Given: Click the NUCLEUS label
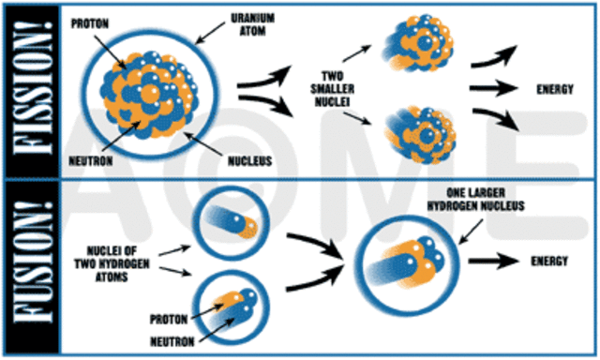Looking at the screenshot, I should [x=248, y=160].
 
